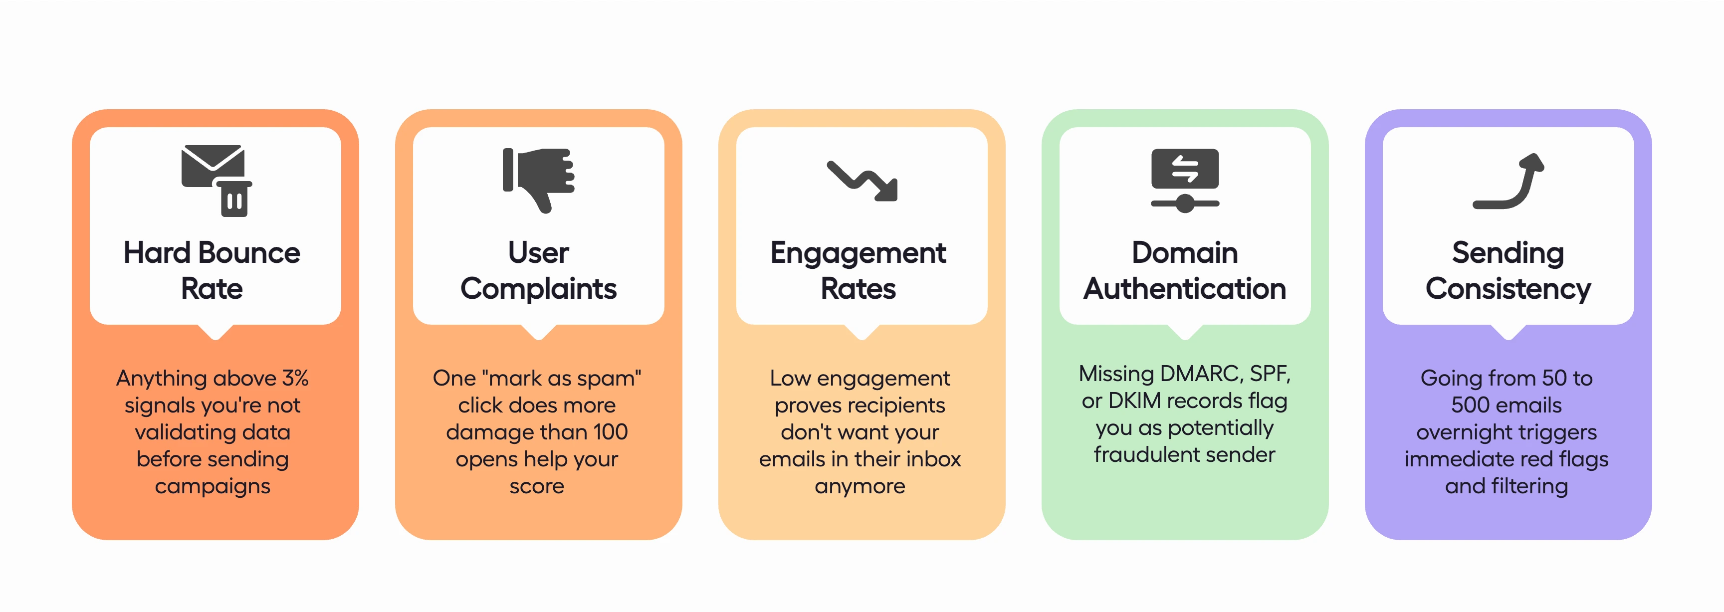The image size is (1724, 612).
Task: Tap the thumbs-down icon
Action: click(x=539, y=179)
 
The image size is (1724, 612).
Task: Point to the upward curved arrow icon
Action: click(x=1508, y=181)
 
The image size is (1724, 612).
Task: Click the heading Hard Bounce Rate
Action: click(x=212, y=270)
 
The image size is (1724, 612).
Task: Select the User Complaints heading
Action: click(x=538, y=270)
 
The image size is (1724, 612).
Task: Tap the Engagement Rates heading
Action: click(x=858, y=270)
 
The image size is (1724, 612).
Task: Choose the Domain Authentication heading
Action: click(x=1185, y=270)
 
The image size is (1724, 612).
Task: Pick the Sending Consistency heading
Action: click(x=1508, y=270)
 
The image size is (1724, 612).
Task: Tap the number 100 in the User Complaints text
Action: click(x=610, y=432)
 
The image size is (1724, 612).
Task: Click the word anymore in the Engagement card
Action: click(x=860, y=486)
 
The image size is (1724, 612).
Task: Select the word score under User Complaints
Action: click(x=537, y=486)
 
